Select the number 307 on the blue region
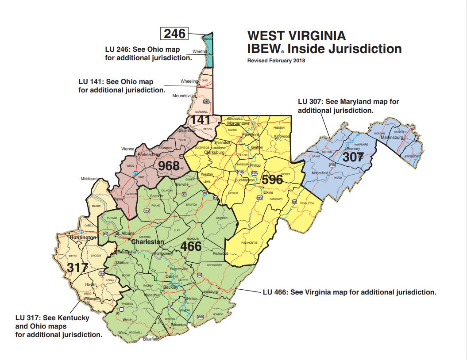pos(354,157)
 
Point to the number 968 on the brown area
pos(169,166)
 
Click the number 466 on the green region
pos(191,246)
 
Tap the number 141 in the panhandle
pos(200,120)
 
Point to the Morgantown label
pos(239,123)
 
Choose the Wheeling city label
pos(189,81)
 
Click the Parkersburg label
pos(148,155)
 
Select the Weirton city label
pos(200,52)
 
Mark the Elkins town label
pos(268,192)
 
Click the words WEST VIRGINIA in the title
pos(297,35)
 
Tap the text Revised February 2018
pos(276,61)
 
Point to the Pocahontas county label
pos(249,243)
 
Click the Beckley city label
pos(170,287)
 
